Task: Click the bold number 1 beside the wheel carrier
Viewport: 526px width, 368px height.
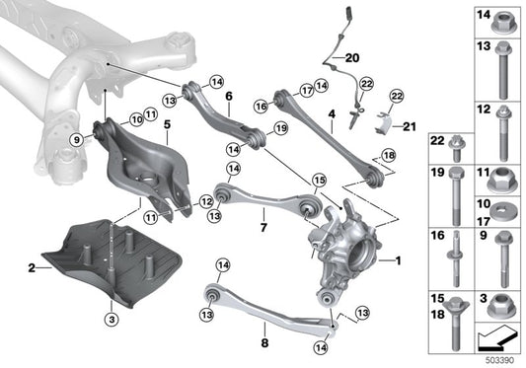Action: coord(398,260)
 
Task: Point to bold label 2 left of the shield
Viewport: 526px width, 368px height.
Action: coord(32,267)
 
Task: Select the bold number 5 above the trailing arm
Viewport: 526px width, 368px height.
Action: coord(167,124)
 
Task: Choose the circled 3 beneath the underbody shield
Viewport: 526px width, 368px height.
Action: coord(113,320)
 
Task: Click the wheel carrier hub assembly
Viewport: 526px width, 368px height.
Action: coord(350,248)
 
